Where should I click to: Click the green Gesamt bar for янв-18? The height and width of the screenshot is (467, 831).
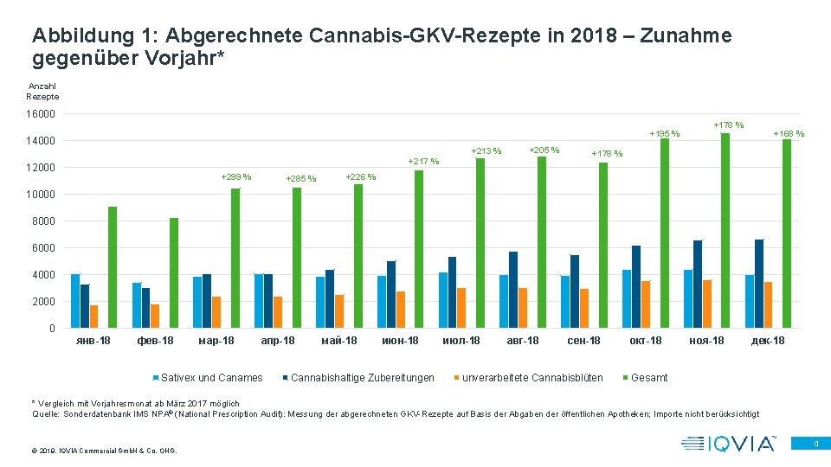point(113,267)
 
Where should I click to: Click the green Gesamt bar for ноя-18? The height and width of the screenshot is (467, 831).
point(725,230)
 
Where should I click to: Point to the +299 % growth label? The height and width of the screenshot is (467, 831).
point(236,177)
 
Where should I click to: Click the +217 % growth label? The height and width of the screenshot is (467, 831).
point(423,161)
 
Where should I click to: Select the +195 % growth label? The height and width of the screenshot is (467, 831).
point(665,134)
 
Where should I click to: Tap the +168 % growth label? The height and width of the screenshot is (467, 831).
point(789,134)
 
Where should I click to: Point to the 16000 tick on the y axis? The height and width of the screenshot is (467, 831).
point(41,114)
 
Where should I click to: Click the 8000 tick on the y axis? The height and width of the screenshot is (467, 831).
point(43,221)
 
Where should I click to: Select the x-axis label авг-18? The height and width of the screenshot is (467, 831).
point(523,341)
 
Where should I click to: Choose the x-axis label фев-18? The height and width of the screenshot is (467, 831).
point(155,341)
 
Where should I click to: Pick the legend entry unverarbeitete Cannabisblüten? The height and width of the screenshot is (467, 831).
point(532,377)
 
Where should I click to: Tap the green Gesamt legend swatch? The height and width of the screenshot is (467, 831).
point(627,378)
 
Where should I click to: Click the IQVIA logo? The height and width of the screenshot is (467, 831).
point(729,444)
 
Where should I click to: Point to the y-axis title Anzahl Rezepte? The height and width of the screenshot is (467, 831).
point(42,92)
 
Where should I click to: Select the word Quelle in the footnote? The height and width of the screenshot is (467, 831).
point(46,414)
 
